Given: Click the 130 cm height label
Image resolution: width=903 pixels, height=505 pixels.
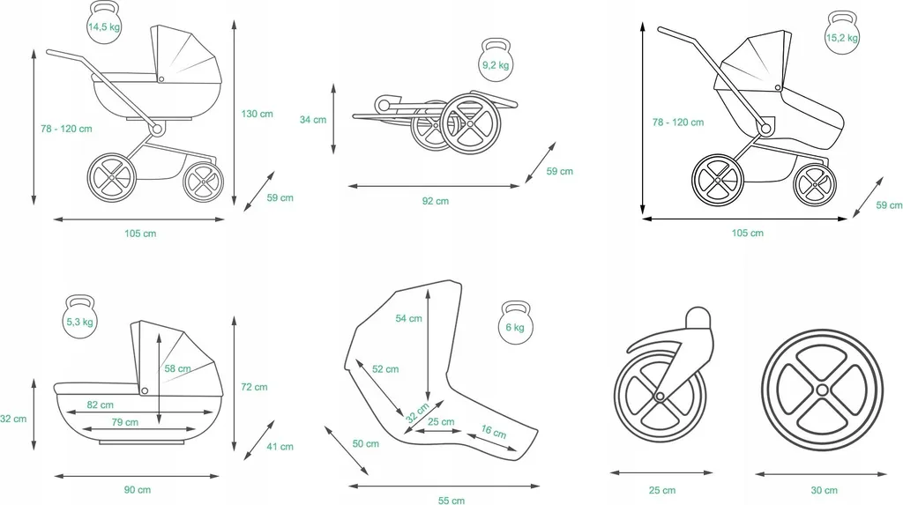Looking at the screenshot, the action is click(257, 114).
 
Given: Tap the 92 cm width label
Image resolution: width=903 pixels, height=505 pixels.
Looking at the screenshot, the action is click(436, 201).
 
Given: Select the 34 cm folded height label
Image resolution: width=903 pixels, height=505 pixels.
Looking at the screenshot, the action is click(313, 120).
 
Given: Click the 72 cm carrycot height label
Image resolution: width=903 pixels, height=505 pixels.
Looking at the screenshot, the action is click(254, 387).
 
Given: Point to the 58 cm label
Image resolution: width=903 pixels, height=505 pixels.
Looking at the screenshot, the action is click(177, 368).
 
